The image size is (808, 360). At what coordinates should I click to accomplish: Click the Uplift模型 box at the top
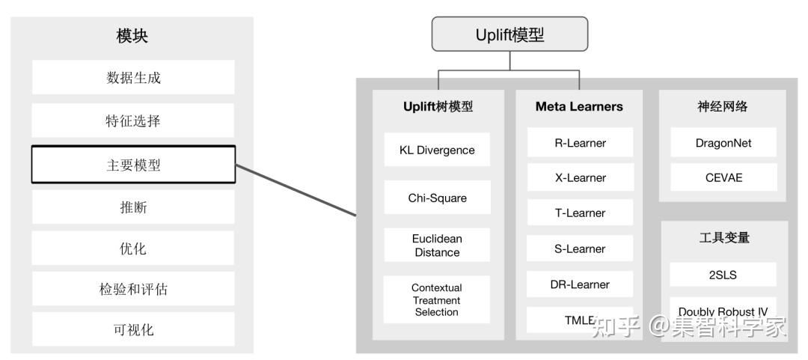[x=510, y=35]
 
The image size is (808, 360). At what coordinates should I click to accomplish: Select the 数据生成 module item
[x=133, y=78]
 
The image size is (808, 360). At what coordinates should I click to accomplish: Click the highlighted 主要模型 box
[x=133, y=165]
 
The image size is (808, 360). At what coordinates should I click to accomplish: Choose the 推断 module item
[x=133, y=207]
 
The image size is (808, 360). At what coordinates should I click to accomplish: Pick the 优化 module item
[x=133, y=248]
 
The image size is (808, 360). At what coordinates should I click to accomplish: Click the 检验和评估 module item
[x=133, y=289]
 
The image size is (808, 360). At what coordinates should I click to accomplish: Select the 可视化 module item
[x=133, y=329]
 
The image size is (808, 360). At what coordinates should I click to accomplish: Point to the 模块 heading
[x=133, y=36]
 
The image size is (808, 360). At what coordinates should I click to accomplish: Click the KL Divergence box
[x=437, y=150]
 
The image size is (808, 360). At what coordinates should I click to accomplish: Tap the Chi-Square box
[x=437, y=198]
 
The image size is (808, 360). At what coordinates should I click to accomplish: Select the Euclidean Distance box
[x=437, y=245]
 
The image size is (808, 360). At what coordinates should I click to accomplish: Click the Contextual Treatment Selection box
[x=437, y=299]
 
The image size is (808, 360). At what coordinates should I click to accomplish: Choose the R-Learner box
[x=580, y=143]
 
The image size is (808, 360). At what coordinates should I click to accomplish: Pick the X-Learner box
[x=580, y=178]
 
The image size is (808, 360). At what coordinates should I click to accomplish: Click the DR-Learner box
[x=580, y=284]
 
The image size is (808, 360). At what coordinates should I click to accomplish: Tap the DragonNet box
[x=723, y=143]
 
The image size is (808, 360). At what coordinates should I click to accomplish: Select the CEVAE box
[x=723, y=178]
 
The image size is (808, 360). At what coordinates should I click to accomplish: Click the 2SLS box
[x=723, y=275]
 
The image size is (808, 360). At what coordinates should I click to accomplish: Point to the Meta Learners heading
[x=579, y=107]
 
